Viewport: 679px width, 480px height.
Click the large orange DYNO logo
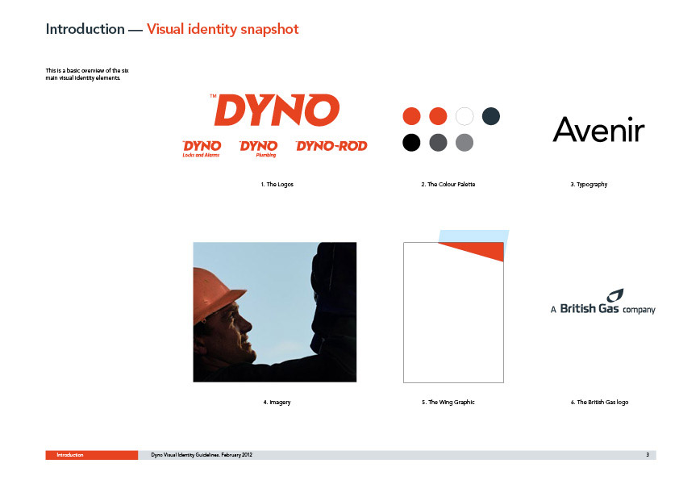[x=276, y=110]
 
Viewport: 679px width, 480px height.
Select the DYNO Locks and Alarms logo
[x=202, y=148]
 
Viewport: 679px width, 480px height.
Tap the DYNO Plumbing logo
[x=259, y=148]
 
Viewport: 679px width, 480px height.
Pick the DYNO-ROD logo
[x=331, y=146]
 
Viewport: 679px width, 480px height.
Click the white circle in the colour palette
[x=464, y=116]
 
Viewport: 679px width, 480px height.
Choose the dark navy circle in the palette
[x=490, y=116]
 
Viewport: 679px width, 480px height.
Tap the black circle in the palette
[x=411, y=143]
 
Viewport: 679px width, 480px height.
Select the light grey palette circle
[x=464, y=143]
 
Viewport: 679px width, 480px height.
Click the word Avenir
[x=598, y=129]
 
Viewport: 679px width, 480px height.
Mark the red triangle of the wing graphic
[x=481, y=250]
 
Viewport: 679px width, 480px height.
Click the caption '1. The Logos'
[x=277, y=185]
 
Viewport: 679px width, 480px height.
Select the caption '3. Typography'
[x=589, y=185]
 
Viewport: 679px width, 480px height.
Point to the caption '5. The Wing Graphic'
[x=448, y=403]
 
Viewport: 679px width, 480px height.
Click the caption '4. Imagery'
[x=277, y=403]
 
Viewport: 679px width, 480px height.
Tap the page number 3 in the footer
[x=648, y=456]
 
